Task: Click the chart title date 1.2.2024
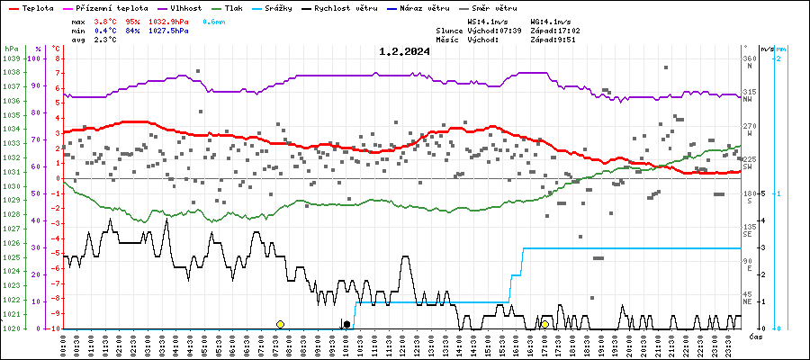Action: coord(404,51)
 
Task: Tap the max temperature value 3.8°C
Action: coord(106,20)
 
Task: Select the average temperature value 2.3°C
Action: coord(106,40)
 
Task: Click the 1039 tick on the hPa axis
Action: coord(11,58)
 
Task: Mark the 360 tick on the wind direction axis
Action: coord(749,58)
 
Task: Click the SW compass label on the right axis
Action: coord(749,167)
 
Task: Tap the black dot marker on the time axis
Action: coord(346,324)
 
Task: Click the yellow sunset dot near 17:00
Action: coord(544,324)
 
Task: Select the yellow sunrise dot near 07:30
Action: coord(280,324)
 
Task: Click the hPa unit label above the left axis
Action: coord(11,48)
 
